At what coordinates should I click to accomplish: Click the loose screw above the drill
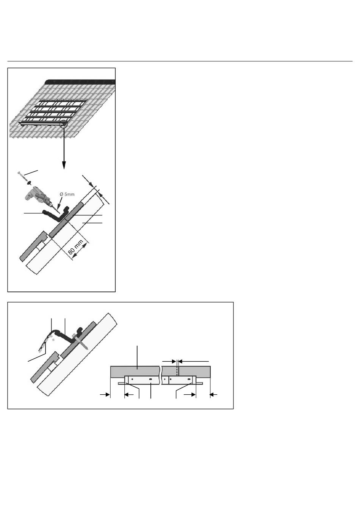coord(22,176)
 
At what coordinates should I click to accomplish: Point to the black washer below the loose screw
coord(28,183)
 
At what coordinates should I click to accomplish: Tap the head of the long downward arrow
coord(64,165)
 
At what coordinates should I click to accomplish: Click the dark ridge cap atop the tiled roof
coord(80,82)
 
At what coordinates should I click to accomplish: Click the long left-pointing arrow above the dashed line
coord(194,361)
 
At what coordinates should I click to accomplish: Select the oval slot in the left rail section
coord(150,379)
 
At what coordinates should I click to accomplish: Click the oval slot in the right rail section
coord(189,379)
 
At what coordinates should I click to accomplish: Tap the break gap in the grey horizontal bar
coord(160,372)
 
